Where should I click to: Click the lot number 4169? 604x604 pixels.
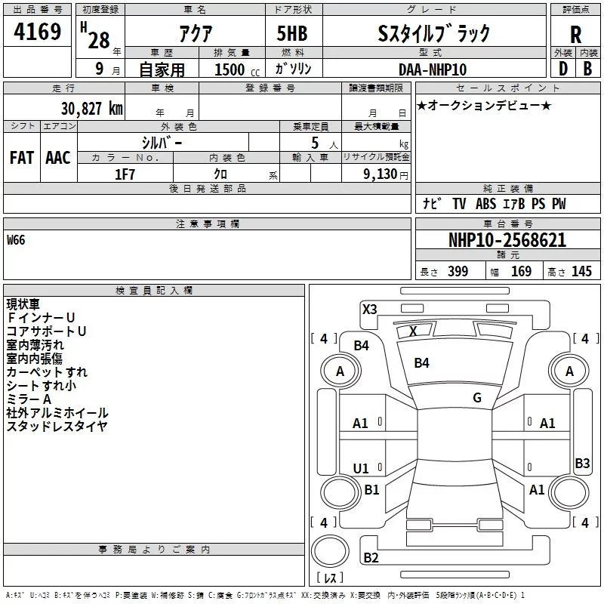pos(38,33)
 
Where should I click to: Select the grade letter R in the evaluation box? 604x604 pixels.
pos(575,35)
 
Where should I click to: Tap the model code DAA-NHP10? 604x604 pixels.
pos(433,69)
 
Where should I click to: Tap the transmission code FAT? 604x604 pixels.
pos(21,158)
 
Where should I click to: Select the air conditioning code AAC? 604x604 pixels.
pos(57,158)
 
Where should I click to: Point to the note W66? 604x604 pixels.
pos(16,240)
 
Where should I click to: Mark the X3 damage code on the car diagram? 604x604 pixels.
pos(369,309)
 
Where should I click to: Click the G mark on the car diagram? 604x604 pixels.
pos(476,397)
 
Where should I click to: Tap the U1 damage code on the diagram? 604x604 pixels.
pos(361,468)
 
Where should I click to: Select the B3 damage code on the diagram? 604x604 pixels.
pos(581,464)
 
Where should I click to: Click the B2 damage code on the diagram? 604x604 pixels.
pos(371,558)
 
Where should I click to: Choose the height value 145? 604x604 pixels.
pos(581,272)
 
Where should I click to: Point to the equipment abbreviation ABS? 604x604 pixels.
pos(486,204)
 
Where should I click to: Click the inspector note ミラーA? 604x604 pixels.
pos(29,399)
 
